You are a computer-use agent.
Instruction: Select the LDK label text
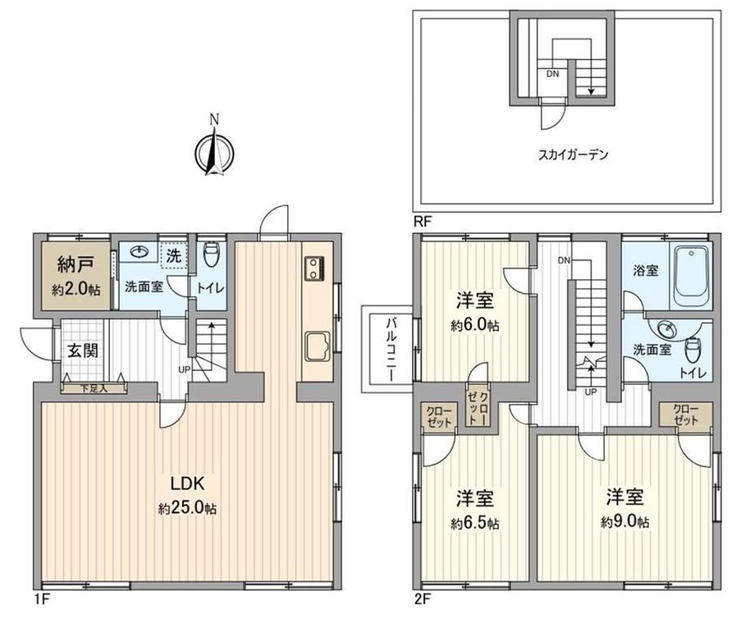tap(188, 483)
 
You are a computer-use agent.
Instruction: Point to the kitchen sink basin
tap(318, 346)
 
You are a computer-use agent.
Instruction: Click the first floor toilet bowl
tap(211, 255)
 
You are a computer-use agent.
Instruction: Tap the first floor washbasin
tap(140, 252)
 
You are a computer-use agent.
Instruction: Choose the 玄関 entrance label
tap(82, 351)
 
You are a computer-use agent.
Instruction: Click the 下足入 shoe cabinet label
tap(94, 388)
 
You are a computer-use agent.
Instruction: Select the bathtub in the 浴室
tap(693, 277)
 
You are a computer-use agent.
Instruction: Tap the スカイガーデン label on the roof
tap(573, 154)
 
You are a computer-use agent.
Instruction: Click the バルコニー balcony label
tap(390, 349)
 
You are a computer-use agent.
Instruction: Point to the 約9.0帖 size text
tap(625, 522)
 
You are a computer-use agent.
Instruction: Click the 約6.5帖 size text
tap(475, 524)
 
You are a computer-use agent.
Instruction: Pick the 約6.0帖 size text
tap(475, 326)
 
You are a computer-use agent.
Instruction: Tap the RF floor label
tap(423, 222)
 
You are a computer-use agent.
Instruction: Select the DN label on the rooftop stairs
tap(552, 74)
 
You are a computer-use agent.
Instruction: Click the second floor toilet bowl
tap(692, 351)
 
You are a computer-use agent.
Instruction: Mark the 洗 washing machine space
tap(173, 256)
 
